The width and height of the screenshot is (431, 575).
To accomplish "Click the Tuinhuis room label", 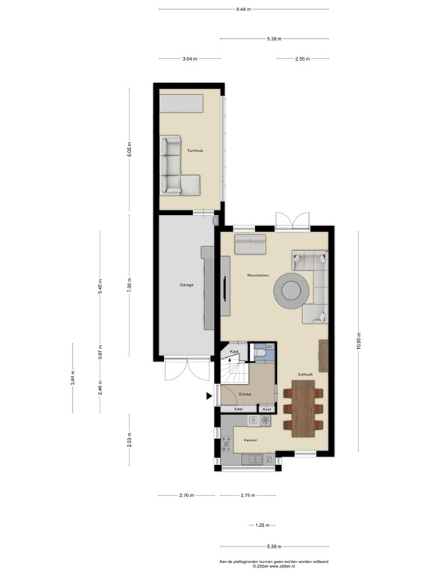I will (x=195, y=150).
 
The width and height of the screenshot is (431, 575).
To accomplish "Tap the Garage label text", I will (x=186, y=285).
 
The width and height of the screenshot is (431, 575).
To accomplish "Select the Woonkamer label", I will (x=258, y=276).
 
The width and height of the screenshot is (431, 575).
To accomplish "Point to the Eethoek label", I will (x=305, y=373).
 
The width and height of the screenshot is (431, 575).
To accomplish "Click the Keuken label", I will (x=251, y=439).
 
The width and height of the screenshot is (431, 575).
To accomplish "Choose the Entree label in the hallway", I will (x=245, y=394).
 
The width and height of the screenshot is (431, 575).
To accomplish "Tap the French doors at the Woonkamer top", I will (x=291, y=221).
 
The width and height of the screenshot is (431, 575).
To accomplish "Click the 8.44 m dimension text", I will (x=243, y=10).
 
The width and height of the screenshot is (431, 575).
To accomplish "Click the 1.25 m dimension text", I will (x=262, y=525).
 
